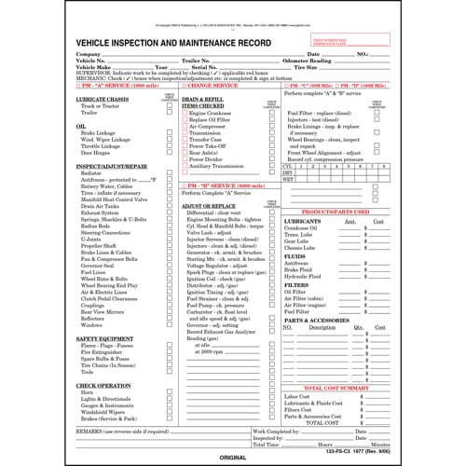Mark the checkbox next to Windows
170,323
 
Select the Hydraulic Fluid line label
306,277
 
